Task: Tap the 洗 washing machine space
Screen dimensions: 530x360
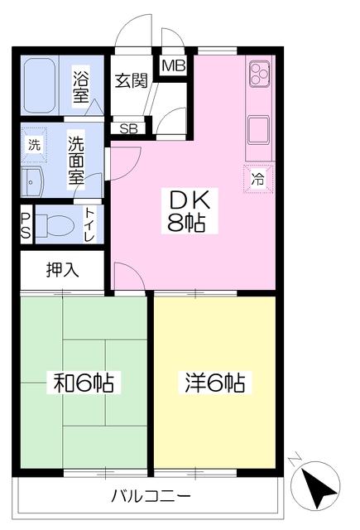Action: coord(34,144)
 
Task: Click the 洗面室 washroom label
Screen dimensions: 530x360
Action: coord(75,159)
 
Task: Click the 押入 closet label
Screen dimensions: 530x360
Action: coord(61,268)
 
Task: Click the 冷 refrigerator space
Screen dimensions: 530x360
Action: coord(258,177)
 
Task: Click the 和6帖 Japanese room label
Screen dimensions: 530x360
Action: coord(84,383)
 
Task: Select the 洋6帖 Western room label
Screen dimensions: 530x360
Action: coord(214,383)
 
